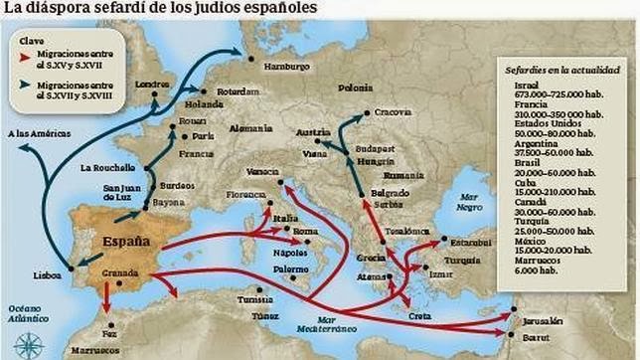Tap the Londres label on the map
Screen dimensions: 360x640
click(x=153, y=87)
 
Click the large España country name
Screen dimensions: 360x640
click(x=126, y=241)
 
